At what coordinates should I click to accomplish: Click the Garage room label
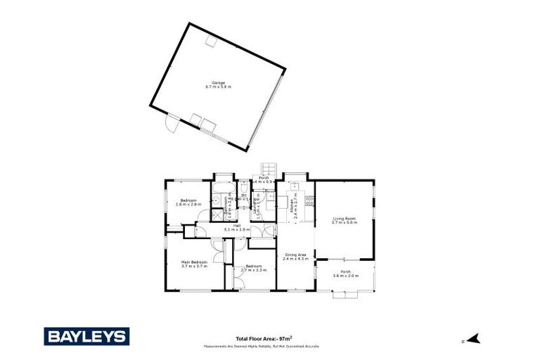click(x=218, y=84)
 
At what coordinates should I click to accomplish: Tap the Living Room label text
click(x=345, y=221)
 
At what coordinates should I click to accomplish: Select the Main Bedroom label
click(x=194, y=264)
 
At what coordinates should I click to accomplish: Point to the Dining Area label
click(x=295, y=257)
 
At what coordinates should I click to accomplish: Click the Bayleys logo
click(x=86, y=336)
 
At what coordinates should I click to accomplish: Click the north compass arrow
click(x=473, y=338)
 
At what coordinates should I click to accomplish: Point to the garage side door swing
click(x=169, y=125)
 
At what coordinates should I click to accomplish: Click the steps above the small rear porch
click(x=266, y=169)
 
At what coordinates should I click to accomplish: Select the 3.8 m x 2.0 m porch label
click(x=345, y=274)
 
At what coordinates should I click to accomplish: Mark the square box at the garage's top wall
click(x=209, y=41)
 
